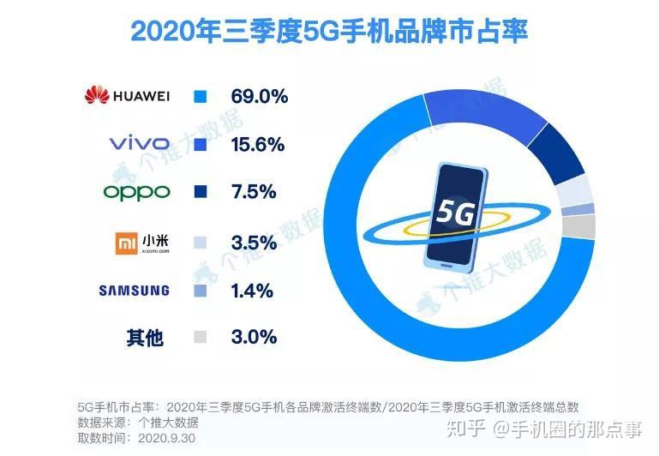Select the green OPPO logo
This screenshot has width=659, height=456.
click(136, 191)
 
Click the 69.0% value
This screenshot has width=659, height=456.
click(259, 96)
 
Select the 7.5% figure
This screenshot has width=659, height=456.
click(253, 192)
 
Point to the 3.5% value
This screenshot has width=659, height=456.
click(253, 243)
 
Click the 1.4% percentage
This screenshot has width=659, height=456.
click(252, 291)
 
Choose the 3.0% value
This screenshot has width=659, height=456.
click(253, 337)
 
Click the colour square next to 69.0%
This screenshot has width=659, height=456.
click(201, 96)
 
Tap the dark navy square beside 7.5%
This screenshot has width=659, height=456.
click(201, 192)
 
